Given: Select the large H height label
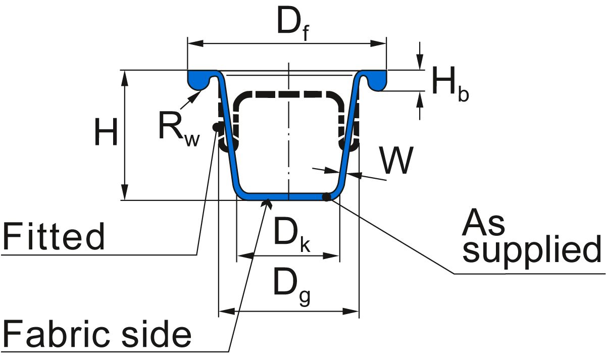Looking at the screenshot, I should [x=106, y=132].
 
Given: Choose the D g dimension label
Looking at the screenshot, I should [x=291, y=286].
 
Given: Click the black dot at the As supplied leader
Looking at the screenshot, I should [x=327, y=196].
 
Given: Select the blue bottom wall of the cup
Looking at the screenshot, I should [x=288, y=196].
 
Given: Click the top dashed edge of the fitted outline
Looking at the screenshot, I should [x=288, y=94].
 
